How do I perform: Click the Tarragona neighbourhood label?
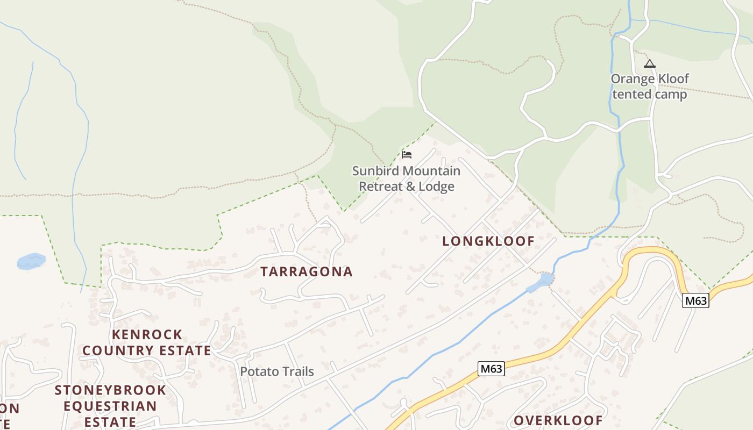click(307, 271)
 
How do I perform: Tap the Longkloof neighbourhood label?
click(488, 241)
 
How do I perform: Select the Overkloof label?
click(558, 420)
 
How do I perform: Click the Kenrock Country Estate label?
click(147, 342)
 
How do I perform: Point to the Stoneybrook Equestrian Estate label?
click(110, 405)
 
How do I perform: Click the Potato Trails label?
click(277, 371)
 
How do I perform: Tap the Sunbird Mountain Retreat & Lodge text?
click(406, 178)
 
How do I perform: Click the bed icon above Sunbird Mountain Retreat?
click(407, 155)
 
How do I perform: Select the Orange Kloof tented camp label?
click(650, 87)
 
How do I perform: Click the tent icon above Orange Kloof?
click(650, 64)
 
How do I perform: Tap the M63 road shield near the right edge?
click(695, 301)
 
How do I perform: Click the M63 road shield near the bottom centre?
click(491, 369)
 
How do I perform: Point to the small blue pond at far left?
click(31, 261)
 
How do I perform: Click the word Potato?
click(257, 371)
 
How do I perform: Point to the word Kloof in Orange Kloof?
click(671, 78)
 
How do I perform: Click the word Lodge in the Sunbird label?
click(437, 187)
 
